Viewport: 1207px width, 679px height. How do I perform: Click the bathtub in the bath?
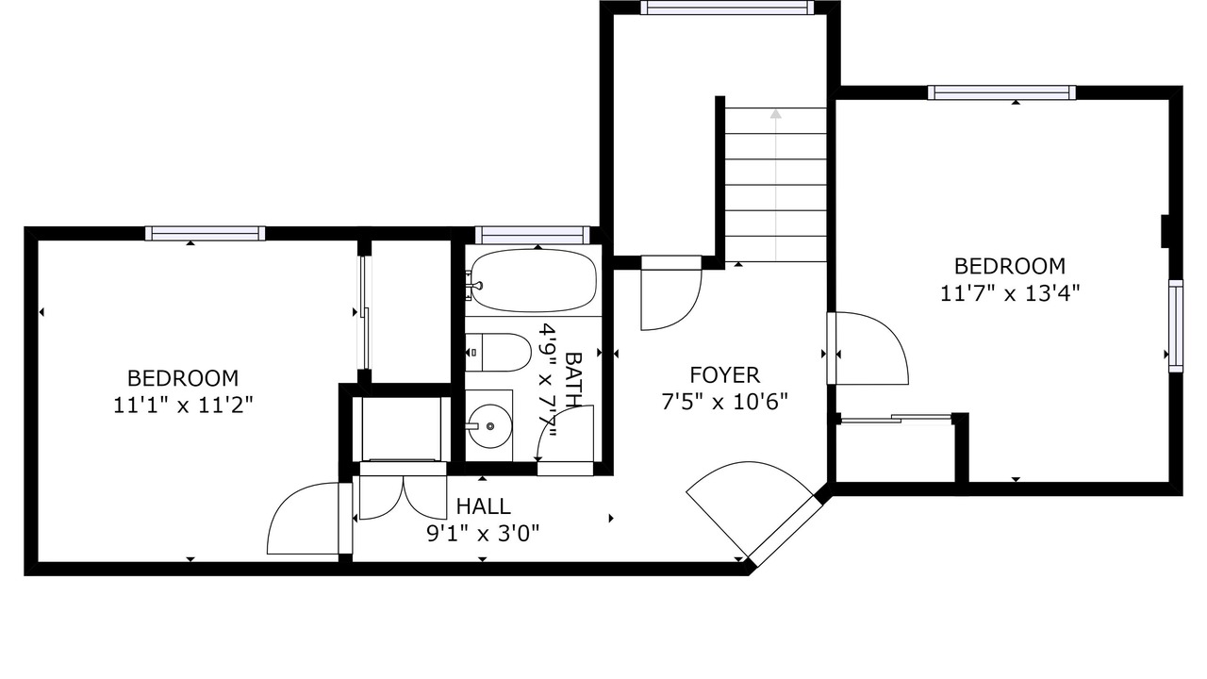(534, 281)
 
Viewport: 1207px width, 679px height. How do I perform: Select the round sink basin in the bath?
(489, 426)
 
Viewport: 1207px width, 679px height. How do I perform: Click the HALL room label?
(484, 506)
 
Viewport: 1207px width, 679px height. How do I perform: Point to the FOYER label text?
(725, 375)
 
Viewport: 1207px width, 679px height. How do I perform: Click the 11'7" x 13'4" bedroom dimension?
(1010, 293)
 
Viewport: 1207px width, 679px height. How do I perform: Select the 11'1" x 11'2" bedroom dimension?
(183, 406)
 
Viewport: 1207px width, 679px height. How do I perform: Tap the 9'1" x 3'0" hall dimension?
(484, 534)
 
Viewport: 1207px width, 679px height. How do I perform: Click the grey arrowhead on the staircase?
(776, 114)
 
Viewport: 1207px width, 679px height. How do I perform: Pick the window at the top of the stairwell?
(727, 8)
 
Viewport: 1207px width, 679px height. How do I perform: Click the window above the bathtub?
(533, 236)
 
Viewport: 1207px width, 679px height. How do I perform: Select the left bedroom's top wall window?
(206, 233)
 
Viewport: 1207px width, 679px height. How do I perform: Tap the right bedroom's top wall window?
(1001, 92)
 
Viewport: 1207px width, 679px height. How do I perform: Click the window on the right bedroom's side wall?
(1176, 326)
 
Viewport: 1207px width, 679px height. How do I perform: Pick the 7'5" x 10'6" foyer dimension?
(725, 402)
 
